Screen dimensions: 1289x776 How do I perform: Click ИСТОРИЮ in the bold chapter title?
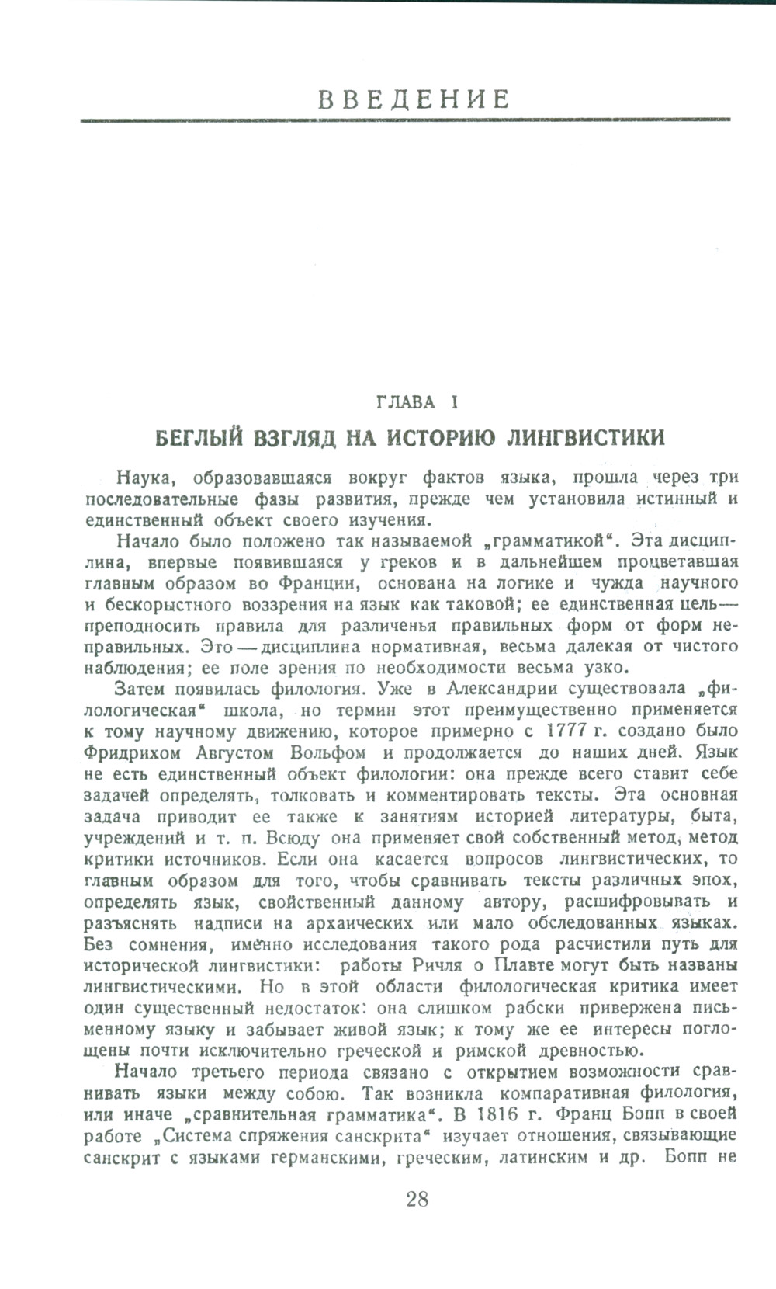coord(442,437)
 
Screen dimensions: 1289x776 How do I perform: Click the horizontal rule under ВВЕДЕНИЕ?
coord(405,120)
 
